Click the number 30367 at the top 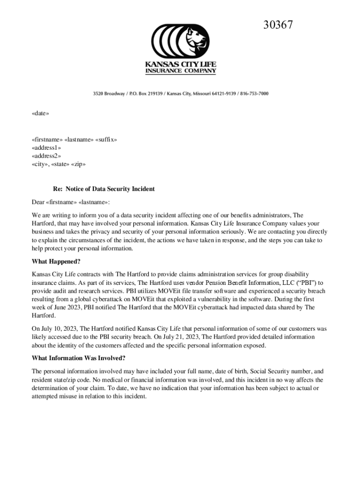[278, 25]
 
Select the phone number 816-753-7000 [255, 94]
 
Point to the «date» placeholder [40, 113]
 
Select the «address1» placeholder [46, 148]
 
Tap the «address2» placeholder [46, 156]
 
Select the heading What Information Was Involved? [78, 358]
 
